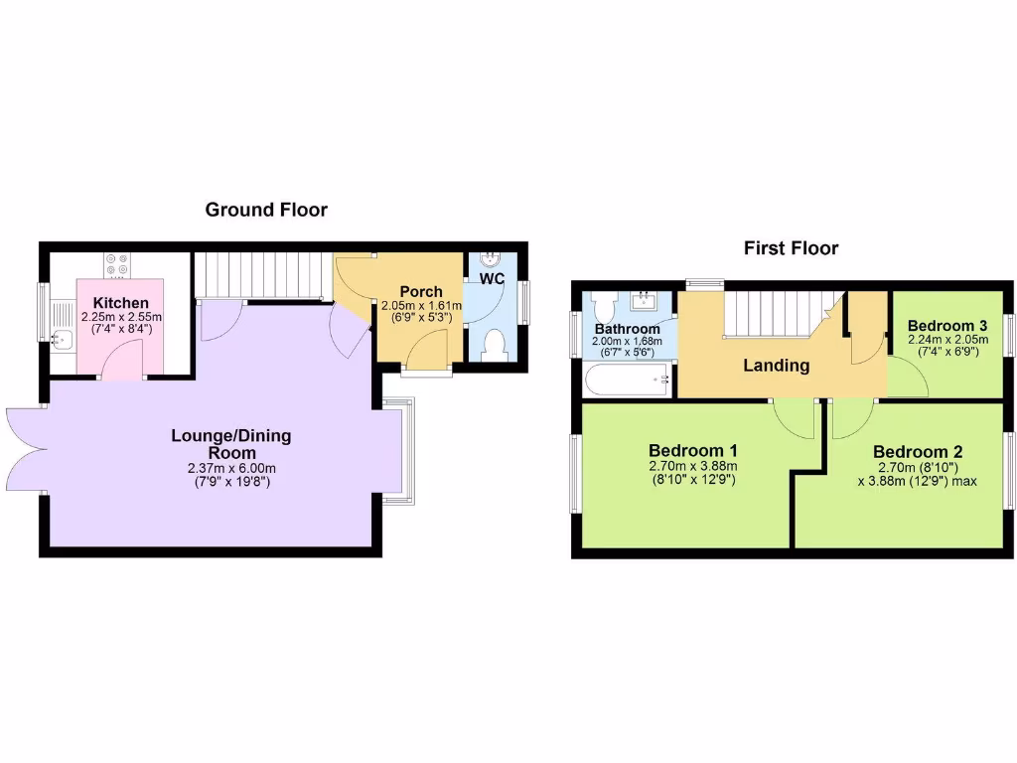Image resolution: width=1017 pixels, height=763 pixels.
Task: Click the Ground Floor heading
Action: click(266, 210)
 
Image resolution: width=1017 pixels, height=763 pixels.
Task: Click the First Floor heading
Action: click(791, 248)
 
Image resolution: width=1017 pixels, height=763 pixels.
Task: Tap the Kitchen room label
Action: click(121, 303)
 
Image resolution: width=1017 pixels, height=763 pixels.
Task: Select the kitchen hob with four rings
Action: click(115, 264)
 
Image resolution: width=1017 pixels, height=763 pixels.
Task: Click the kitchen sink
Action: click(62, 341)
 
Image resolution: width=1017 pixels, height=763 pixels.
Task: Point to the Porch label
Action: click(421, 291)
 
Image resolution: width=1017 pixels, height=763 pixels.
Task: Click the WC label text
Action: click(494, 279)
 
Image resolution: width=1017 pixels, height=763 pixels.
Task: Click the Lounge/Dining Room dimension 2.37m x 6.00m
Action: click(231, 469)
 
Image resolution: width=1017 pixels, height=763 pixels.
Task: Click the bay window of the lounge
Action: click(398, 452)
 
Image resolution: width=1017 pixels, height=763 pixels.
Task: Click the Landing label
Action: click(777, 365)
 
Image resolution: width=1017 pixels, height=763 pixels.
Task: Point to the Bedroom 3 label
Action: click(946, 326)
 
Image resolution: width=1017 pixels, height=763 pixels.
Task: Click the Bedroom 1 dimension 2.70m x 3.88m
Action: click(692, 465)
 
